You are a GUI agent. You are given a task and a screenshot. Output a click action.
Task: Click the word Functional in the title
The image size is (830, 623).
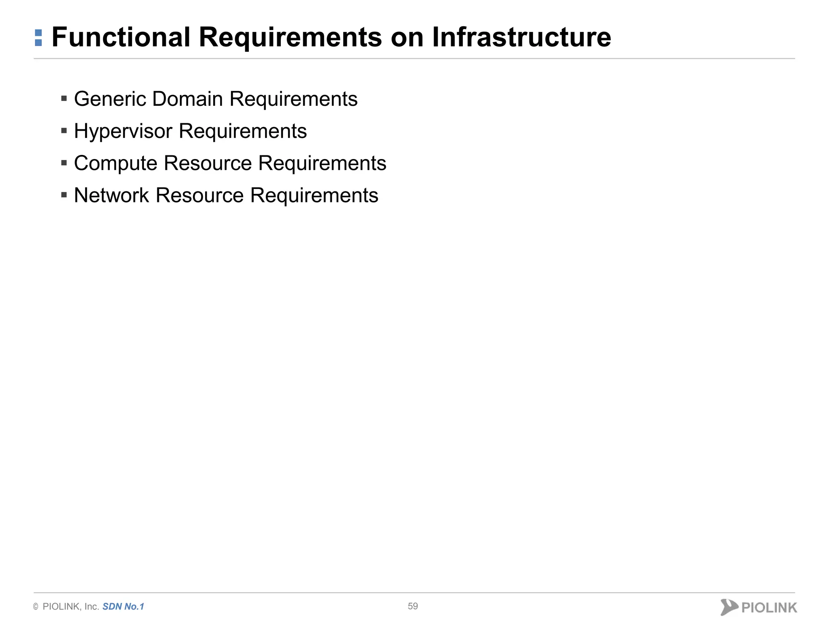tap(121, 37)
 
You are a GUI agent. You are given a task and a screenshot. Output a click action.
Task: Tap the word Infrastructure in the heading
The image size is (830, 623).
tap(521, 37)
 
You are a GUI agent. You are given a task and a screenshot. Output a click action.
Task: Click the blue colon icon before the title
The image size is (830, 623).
tap(39, 38)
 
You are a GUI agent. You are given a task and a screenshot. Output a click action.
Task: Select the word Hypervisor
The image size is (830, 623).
tap(123, 131)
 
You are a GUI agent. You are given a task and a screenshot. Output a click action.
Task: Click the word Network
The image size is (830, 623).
tap(111, 195)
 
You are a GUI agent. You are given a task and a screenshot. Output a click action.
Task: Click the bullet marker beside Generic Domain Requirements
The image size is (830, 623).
tap(64, 99)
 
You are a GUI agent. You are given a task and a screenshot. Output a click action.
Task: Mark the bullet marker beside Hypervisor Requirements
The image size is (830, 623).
tap(64, 131)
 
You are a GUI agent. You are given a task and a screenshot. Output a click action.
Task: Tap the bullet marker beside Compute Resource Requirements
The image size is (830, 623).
tap(64, 163)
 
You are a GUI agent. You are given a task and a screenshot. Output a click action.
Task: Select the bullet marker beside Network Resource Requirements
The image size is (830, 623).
tap(64, 195)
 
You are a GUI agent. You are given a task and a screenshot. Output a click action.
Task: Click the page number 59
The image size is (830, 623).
tap(413, 606)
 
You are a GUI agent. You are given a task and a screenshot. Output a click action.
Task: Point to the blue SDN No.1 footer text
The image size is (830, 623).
tap(123, 606)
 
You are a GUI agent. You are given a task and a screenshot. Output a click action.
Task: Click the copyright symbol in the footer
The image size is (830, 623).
tap(36, 607)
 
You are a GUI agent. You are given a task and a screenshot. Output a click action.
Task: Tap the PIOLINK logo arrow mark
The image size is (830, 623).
tap(728, 607)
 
